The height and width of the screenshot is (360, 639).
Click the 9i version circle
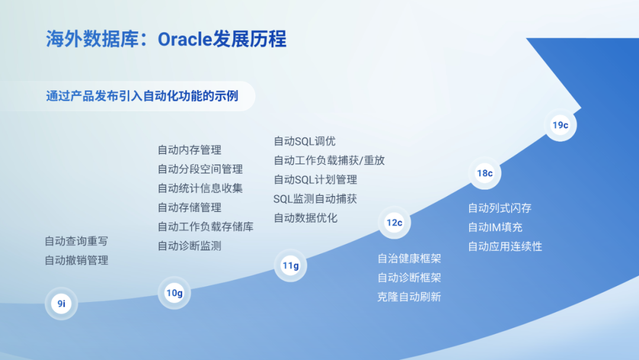(x=61, y=303)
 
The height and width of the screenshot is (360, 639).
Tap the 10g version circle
(x=174, y=292)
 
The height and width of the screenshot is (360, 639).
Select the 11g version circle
(x=290, y=265)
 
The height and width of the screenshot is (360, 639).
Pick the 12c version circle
(x=394, y=223)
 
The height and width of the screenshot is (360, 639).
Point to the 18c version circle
(x=485, y=173)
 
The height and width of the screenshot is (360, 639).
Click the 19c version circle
(x=560, y=125)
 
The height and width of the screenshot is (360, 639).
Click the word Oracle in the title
(x=185, y=40)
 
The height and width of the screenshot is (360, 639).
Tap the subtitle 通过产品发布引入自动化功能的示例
(x=142, y=97)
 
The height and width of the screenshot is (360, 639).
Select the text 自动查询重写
(x=76, y=242)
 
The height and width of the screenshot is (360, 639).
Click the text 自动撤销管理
(x=76, y=261)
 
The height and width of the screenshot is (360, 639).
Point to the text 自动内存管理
(x=189, y=150)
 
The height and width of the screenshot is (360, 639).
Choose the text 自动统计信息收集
(x=200, y=188)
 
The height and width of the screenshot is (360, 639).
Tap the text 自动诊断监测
(x=189, y=246)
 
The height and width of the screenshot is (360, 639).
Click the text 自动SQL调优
(x=305, y=142)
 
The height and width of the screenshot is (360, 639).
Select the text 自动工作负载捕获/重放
(x=330, y=160)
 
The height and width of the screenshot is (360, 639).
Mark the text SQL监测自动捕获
(x=315, y=199)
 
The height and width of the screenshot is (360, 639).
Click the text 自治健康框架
(x=409, y=259)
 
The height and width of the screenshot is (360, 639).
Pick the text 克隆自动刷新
(x=409, y=297)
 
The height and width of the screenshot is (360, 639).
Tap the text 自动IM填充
(x=495, y=227)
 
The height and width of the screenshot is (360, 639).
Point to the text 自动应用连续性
(x=505, y=246)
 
